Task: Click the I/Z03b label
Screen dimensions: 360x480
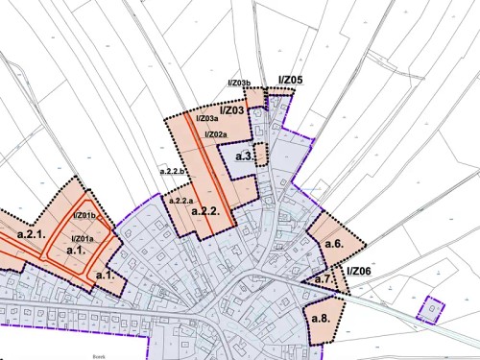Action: point(239,84)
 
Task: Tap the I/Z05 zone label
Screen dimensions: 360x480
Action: point(290,80)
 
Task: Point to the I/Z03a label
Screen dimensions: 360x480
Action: point(208,120)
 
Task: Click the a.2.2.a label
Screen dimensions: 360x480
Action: point(182,201)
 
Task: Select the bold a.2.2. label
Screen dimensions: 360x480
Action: point(207,210)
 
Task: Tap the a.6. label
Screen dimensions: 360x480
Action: point(334,244)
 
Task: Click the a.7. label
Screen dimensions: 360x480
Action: point(324,279)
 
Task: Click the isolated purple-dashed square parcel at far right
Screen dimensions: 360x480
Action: point(431,309)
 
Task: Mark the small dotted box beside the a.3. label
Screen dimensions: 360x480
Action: point(260,154)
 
